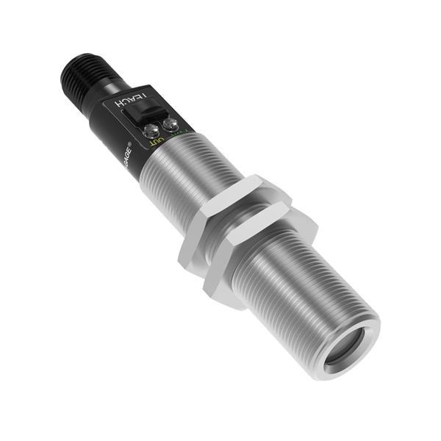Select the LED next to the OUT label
click(x=154, y=131)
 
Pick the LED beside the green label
click(x=172, y=124)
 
